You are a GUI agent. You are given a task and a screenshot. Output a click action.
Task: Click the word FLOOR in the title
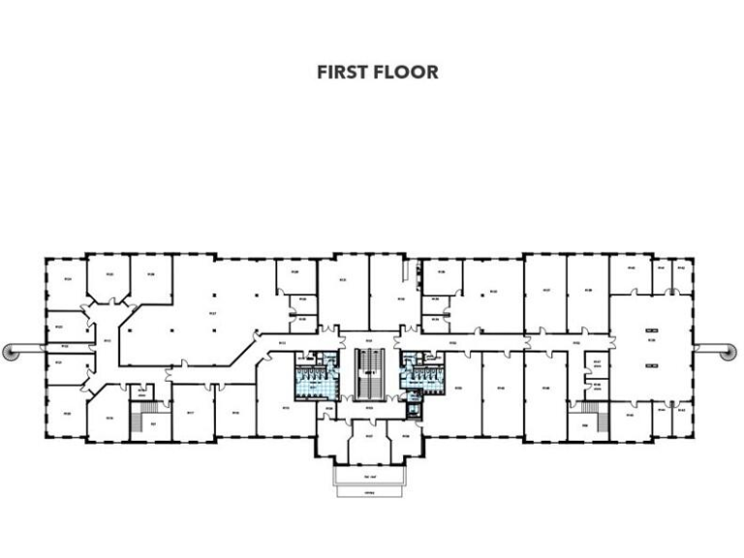click(x=407, y=73)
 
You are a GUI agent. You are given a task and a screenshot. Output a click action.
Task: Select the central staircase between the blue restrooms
click(x=369, y=373)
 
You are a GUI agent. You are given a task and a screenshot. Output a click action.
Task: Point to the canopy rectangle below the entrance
click(x=369, y=490)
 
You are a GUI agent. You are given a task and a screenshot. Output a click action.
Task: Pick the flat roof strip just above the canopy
click(x=369, y=477)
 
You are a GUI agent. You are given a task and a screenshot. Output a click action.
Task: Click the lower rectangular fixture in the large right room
click(x=651, y=365)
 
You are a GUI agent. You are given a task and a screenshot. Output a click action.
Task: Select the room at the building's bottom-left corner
click(x=65, y=414)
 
